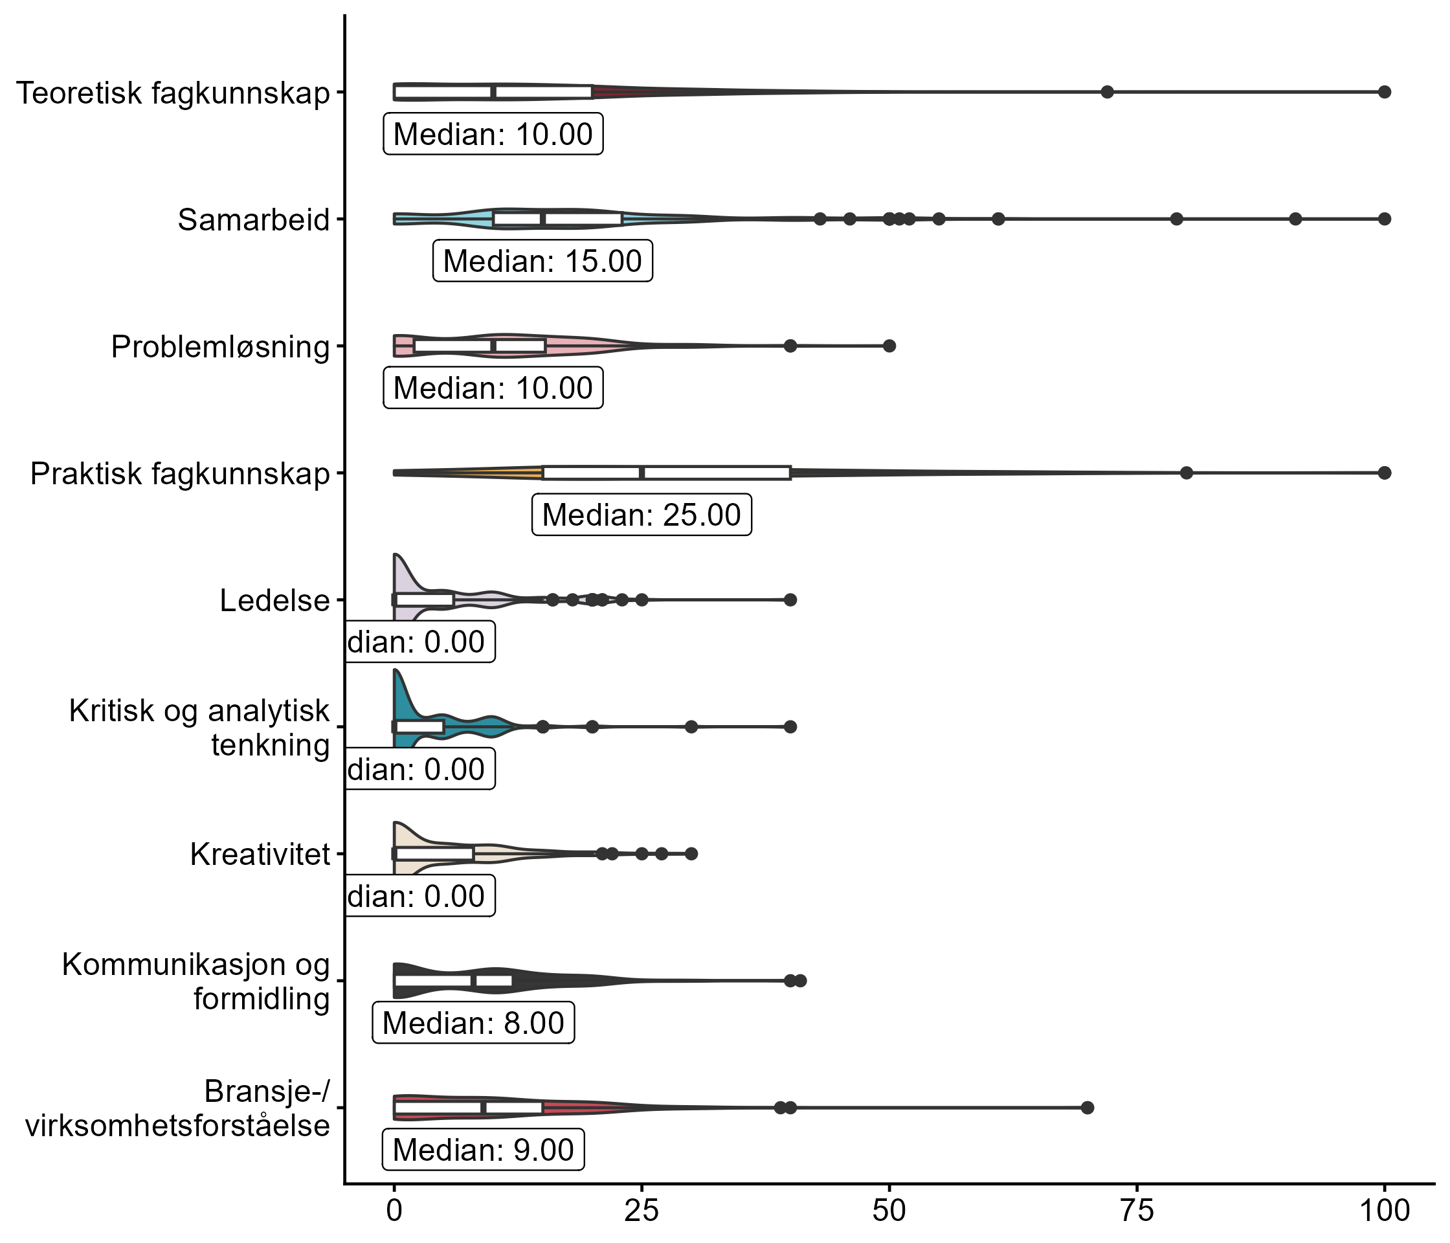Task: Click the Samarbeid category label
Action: point(253,219)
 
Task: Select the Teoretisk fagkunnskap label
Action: point(173,93)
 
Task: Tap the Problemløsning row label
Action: point(221,347)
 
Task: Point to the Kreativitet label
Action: point(260,855)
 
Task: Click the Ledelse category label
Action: point(274,601)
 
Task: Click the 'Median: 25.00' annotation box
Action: point(641,515)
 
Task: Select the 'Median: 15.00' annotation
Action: point(542,261)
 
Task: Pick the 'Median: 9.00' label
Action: point(483,1150)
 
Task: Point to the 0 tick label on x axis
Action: point(395,1211)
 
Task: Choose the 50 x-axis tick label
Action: point(889,1211)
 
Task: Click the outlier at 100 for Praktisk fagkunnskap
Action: point(1384,473)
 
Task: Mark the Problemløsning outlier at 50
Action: point(889,346)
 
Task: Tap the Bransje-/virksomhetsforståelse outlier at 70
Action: point(1087,1107)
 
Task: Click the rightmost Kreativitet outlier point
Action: point(691,854)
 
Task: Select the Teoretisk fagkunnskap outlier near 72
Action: point(1107,92)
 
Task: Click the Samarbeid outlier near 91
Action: point(1295,219)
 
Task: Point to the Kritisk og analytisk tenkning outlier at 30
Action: point(691,726)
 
